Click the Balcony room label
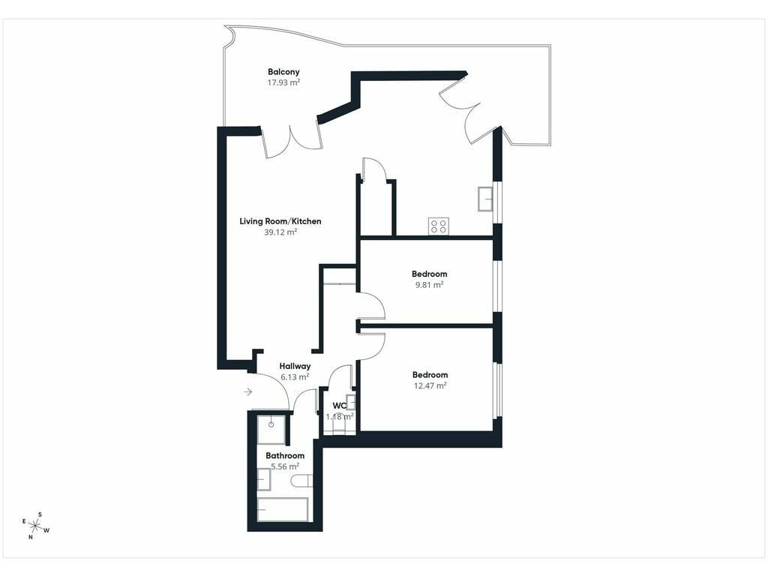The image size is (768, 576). [x=283, y=71]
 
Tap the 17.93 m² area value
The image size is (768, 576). [x=283, y=82]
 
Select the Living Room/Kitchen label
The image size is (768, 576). [x=280, y=221]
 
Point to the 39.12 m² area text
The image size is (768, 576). [x=280, y=232]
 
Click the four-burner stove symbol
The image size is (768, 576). [x=438, y=226]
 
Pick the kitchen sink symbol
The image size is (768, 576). [x=486, y=199]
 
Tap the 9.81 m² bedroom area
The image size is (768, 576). [x=430, y=284]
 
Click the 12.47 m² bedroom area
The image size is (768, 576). [x=430, y=385]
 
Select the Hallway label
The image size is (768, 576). [x=295, y=366]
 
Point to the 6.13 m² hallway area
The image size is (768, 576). [x=295, y=377]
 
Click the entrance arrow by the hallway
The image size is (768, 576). [x=247, y=391]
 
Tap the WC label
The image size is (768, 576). [x=340, y=406]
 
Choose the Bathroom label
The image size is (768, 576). [x=285, y=455]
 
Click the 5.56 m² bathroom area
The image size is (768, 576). [x=285, y=466]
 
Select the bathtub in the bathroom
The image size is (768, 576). [x=283, y=510]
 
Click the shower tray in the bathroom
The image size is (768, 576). [x=271, y=430]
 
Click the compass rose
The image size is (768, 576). [x=35, y=526]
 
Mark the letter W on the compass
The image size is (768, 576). [x=46, y=530]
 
